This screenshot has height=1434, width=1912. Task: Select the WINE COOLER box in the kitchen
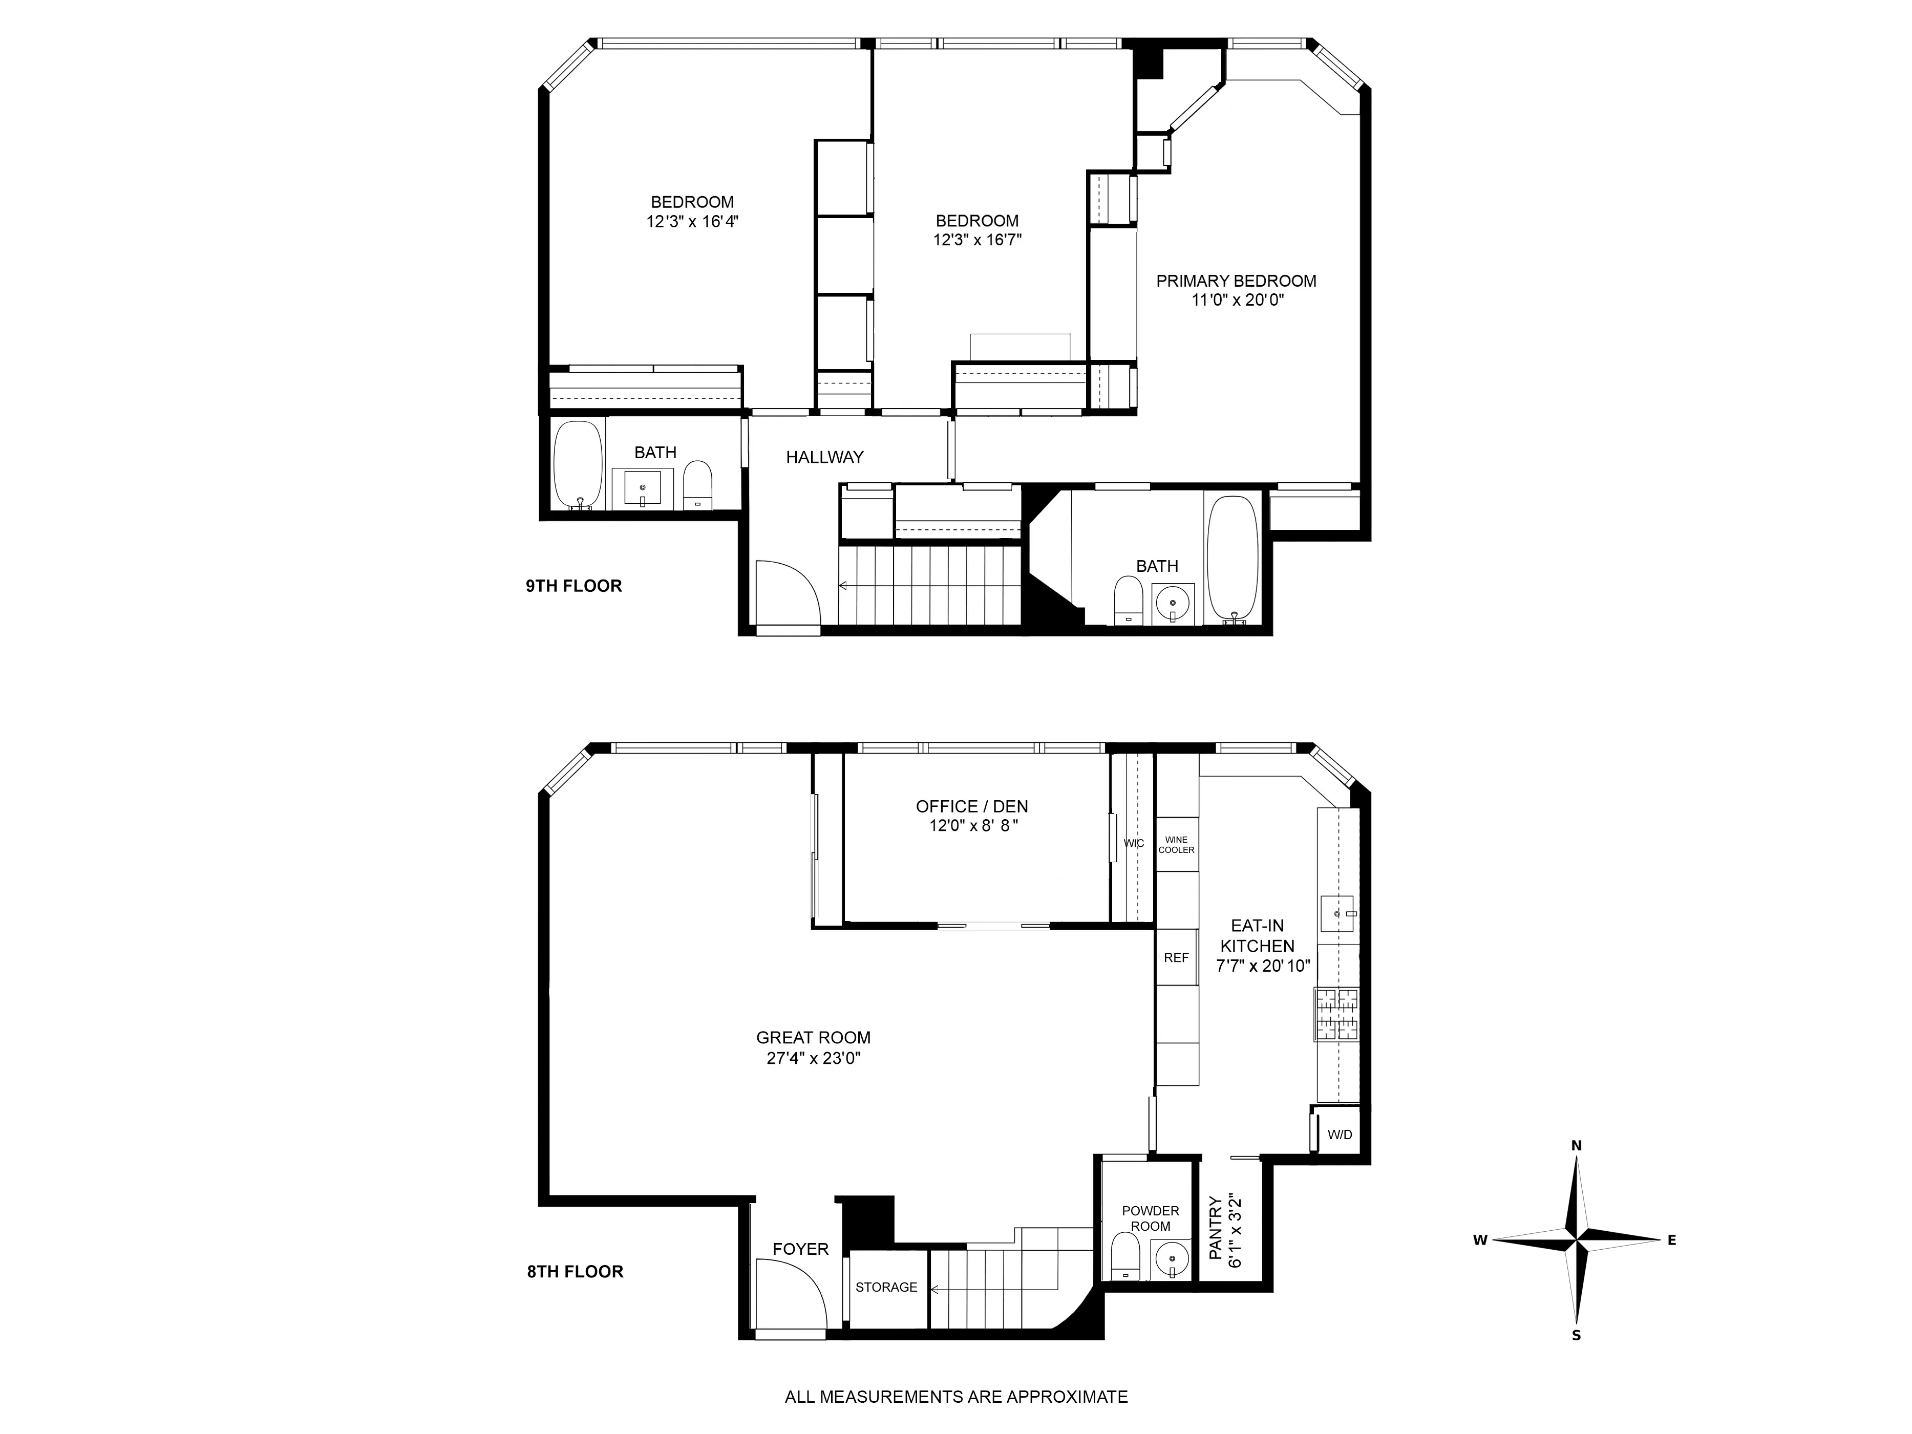(1176, 845)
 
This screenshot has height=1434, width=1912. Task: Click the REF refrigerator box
(1176, 958)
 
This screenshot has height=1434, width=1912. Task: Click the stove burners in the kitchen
(1336, 1014)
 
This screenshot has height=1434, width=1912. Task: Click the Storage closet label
(886, 1287)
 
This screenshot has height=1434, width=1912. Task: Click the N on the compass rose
(1576, 1145)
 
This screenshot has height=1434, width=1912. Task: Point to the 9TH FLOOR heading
(574, 586)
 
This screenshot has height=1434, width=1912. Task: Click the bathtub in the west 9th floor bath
(578, 465)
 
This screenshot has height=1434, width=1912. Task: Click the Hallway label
(824, 457)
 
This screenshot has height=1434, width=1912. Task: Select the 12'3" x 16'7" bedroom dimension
(977, 240)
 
